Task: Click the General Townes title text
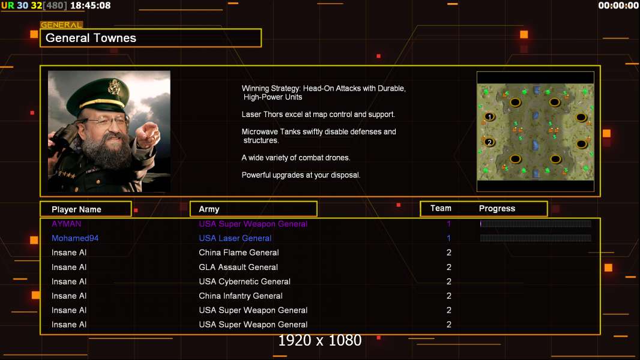pyautogui.click(x=91, y=38)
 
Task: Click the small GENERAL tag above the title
pyautogui.click(x=61, y=25)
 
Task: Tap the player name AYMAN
pyautogui.click(x=66, y=224)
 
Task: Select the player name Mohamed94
pyautogui.click(x=75, y=238)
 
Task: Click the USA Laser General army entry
pyautogui.click(x=235, y=238)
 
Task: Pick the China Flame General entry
pyautogui.click(x=239, y=253)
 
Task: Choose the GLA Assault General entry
pyautogui.click(x=238, y=267)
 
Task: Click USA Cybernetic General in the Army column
pyautogui.click(x=244, y=282)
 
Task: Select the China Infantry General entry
pyautogui.click(x=240, y=296)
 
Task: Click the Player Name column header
pyautogui.click(x=76, y=209)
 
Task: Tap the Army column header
pyautogui.click(x=209, y=209)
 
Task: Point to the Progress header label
pyautogui.click(x=497, y=208)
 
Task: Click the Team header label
pyautogui.click(x=441, y=208)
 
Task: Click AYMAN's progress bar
pyautogui.click(x=536, y=223)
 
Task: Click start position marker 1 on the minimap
pyautogui.click(x=489, y=117)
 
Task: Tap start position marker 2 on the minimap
pyautogui.click(x=489, y=142)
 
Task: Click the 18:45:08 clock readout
pyautogui.click(x=90, y=5)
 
